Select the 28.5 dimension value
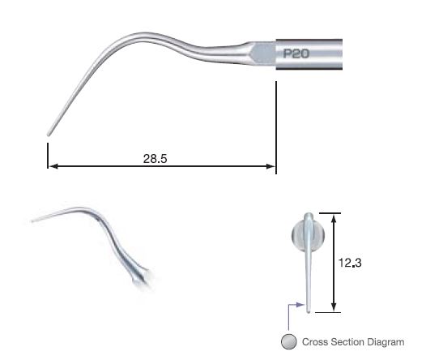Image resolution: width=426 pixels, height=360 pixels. [x=154, y=160]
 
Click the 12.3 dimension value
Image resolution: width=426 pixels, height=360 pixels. [x=351, y=263]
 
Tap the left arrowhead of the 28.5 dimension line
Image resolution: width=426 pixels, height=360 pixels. [x=52, y=168]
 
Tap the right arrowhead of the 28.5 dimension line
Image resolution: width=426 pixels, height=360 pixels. [x=272, y=168]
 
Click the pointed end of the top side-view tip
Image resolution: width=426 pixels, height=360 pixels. [x=49, y=133]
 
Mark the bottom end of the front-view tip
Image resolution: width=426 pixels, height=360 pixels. [x=309, y=307]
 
